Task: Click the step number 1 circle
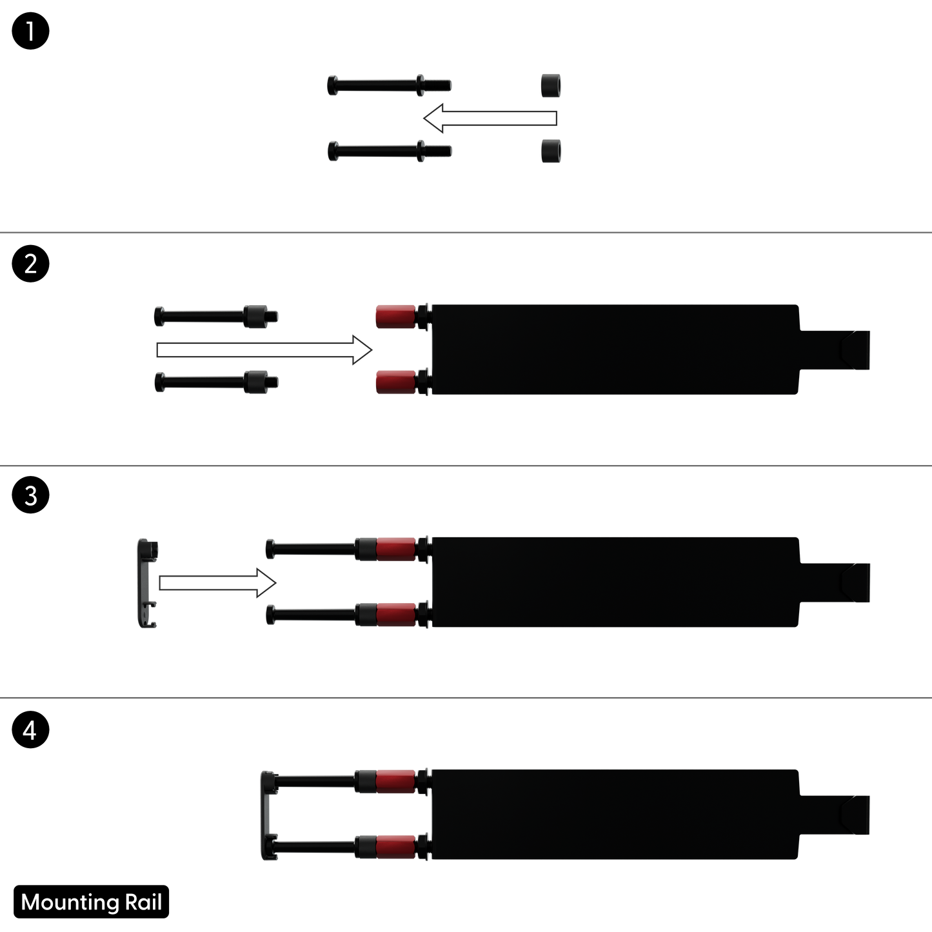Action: [x=30, y=31]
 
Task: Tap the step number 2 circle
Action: [x=30, y=264]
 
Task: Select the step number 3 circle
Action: [x=30, y=495]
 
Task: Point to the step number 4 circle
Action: [x=30, y=730]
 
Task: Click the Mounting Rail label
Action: [x=92, y=902]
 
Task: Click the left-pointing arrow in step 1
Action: [x=490, y=118]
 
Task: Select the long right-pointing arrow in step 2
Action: [x=264, y=350]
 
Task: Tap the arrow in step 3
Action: [x=217, y=583]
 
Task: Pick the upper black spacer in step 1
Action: [x=551, y=86]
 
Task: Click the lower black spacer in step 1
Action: [x=551, y=152]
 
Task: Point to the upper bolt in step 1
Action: [x=390, y=86]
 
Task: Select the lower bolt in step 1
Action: [x=390, y=152]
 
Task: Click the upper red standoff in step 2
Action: [x=396, y=317]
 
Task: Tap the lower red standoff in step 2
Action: [x=396, y=382]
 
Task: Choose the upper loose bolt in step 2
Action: [x=216, y=317]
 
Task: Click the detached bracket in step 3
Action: [x=148, y=583]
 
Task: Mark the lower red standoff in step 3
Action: [x=396, y=615]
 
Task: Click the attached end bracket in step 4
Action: [x=268, y=815]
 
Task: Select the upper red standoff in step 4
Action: [x=396, y=782]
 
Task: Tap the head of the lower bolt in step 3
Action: [x=270, y=615]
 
